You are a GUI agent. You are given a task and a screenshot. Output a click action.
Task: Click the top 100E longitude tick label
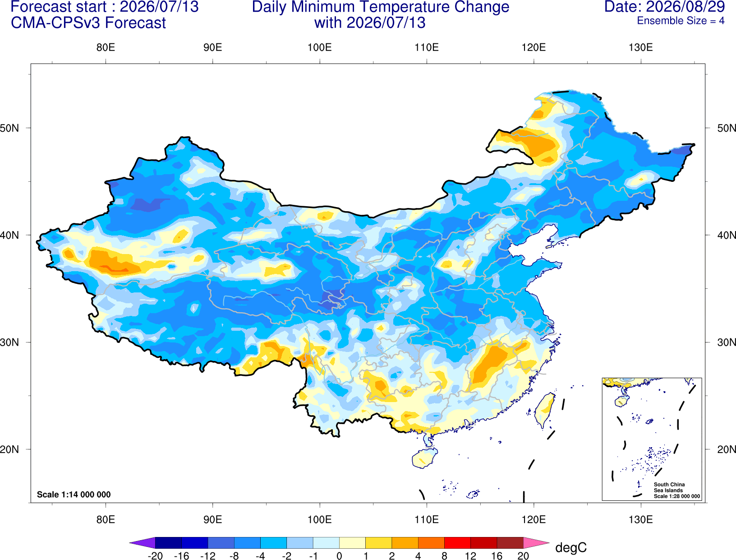tap(320, 47)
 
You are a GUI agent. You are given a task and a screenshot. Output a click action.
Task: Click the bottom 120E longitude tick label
tap(534, 519)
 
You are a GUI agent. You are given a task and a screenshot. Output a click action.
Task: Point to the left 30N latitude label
tap(9, 342)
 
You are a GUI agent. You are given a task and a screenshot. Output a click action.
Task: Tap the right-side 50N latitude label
tap(727, 128)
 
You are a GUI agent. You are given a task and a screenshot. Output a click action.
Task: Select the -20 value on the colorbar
tap(155, 556)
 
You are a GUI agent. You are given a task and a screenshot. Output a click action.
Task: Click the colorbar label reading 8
tap(444, 556)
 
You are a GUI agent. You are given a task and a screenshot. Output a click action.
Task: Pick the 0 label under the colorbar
tap(339, 556)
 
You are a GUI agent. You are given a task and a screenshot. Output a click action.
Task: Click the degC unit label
tap(570, 547)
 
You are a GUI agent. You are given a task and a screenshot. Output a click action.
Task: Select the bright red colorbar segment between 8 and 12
tap(457, 542)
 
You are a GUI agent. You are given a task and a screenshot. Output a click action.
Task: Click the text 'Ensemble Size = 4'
tap(681, 21)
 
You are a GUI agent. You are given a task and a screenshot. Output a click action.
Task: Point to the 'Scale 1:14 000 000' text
tap(74, 494)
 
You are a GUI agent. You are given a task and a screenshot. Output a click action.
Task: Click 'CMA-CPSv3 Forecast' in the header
tap(88, 23)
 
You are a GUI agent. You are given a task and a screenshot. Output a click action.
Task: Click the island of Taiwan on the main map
tap(544, 410)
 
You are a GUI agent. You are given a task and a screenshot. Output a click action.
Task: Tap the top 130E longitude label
tap(640, 47)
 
